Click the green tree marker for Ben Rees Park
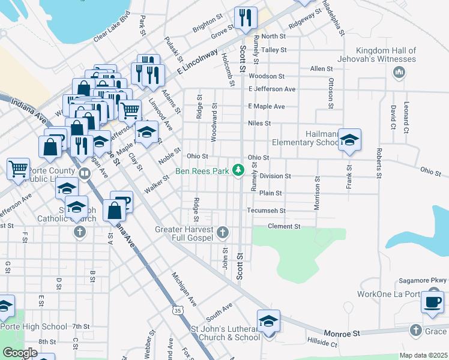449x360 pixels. coord(238,171)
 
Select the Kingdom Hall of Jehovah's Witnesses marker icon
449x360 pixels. coord(399,73)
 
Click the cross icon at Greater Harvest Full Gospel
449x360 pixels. coord(223,232)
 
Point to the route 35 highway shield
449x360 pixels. coord(177,310)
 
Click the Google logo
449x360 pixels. coord(20,353)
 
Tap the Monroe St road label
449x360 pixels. coord(341,332)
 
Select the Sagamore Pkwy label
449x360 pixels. coord(423,280)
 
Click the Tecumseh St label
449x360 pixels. coord(267,211)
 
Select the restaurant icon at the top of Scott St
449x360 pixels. coord(245,18)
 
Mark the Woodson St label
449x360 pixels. coord(267,76)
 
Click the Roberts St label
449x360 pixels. coord(379,163)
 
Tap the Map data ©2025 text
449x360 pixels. coord(423,355)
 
